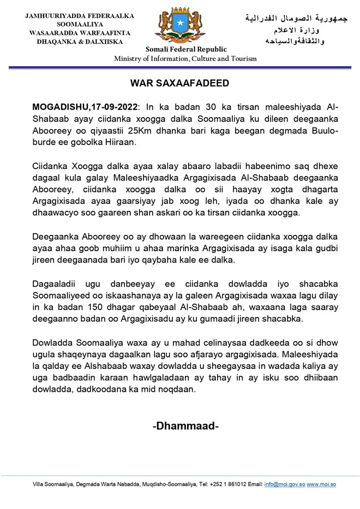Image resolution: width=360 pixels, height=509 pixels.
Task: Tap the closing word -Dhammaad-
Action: (x=185, y=426)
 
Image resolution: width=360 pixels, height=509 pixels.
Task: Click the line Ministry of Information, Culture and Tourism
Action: (x=185, y=59)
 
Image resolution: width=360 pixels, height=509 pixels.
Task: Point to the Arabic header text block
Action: (x=296, y=30)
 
